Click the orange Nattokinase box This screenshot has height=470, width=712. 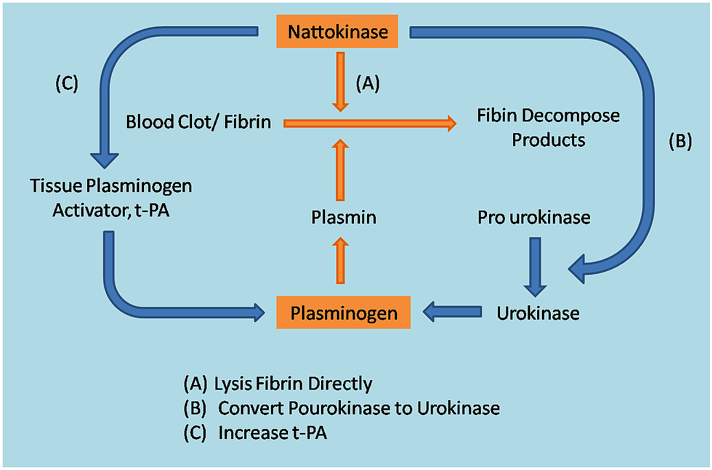tap(337, 32)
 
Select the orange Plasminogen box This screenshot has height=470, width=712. tap(344, 314)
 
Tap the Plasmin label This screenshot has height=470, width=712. tap(344, 218)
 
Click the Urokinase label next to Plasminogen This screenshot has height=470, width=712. tap(538, 314)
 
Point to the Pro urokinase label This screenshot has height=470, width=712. tap(534, 218)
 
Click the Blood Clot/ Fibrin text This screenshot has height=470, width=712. tap(198, 122)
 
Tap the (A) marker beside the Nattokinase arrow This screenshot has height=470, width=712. tap(368, 84)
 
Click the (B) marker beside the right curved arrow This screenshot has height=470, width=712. tap(680, 141)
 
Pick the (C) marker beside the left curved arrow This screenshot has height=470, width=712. tap(67, 84)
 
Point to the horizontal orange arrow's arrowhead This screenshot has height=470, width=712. tap(449, 124)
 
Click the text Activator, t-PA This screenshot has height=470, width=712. tap(111, 209)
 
